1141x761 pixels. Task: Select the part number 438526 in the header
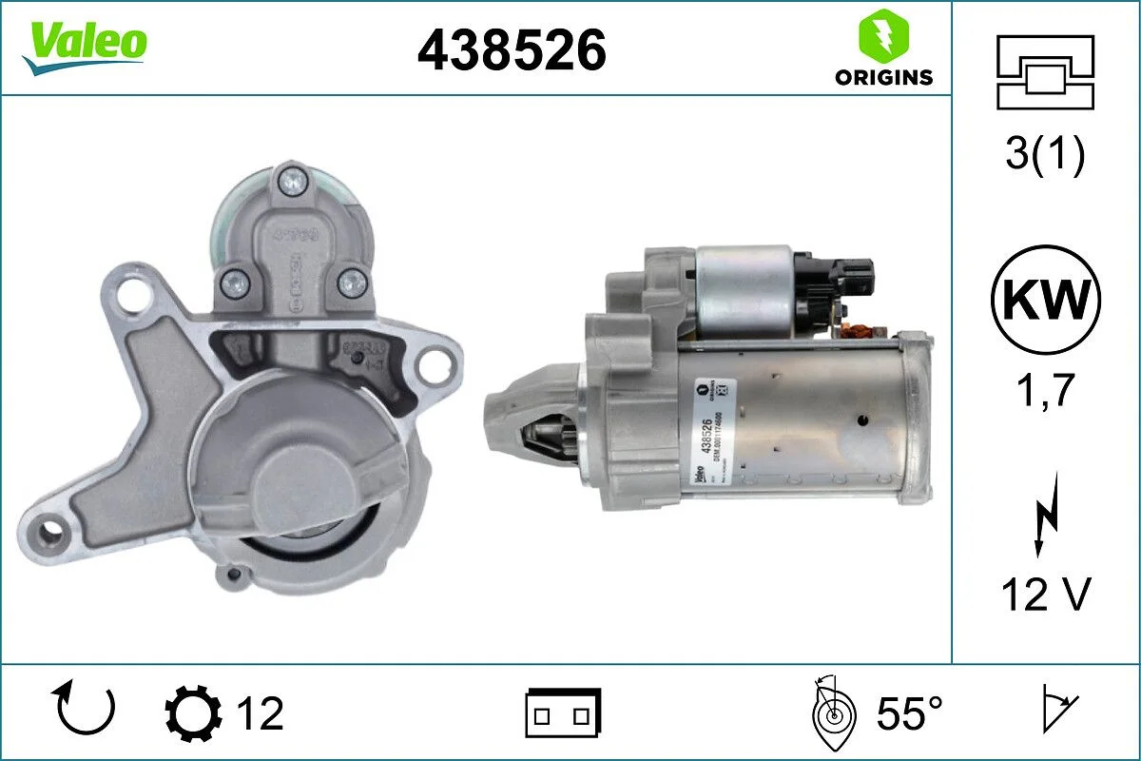pyautogui.click(x=512, y=49)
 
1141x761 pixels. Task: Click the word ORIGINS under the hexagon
pyautogui.click(x=883, y=78)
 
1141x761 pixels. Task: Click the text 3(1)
pyautogui.click(x=1045, y=155)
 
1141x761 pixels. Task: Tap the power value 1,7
pyautogui.click(x=1045, y=391)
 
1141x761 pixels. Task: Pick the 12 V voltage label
pyautogui.click(x=1045, y=595)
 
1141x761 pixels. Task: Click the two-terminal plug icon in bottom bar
pyautogui.click(x=563, y=712)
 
